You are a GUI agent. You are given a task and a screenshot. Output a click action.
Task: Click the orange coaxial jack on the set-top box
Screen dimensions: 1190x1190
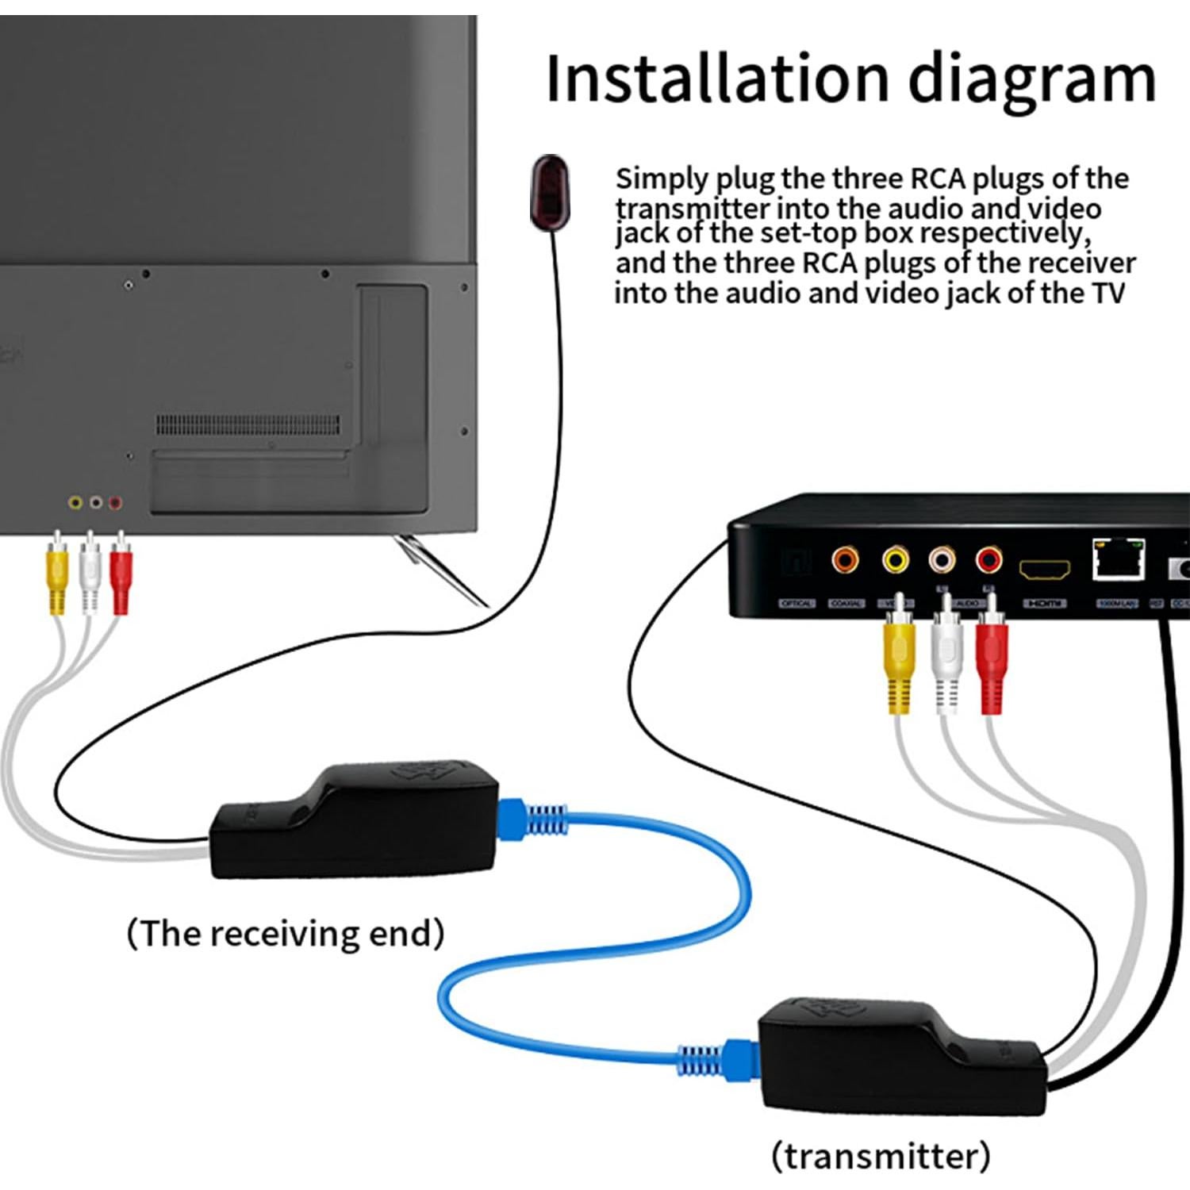point(845,561)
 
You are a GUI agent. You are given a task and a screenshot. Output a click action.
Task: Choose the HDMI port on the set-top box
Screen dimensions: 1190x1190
point(1044,570)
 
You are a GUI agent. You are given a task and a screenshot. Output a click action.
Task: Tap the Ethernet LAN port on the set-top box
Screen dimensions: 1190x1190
point(1119,560)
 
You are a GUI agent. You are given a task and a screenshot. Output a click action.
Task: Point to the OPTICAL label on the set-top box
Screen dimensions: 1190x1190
point(797,604)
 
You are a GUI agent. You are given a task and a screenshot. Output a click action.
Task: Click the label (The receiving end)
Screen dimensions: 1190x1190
point(286,933)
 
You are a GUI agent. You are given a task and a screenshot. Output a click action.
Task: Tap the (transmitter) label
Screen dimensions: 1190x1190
point(881,1155)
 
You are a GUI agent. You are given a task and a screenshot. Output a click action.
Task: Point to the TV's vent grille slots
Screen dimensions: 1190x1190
point(248,424)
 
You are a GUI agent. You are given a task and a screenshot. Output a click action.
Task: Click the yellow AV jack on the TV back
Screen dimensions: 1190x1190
point(75,502)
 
